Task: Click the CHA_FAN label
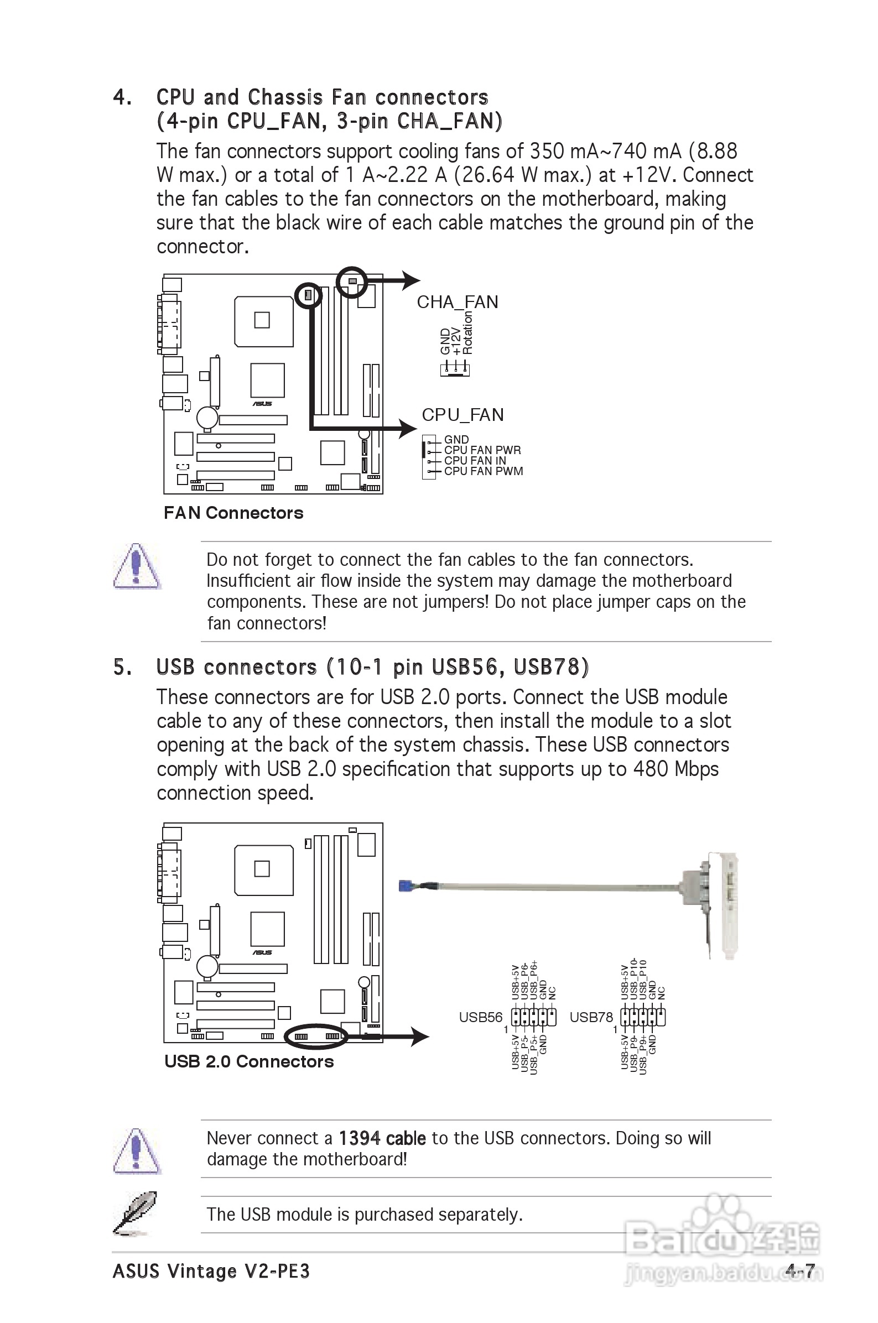(457, 302)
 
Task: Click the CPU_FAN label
(463, 415)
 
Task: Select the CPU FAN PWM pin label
(483, 471)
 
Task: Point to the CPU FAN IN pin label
(475, 461)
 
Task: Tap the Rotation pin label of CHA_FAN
(468, 333)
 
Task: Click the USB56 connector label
(480, 1017)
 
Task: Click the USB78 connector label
(591, 1017)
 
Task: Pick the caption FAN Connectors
(233, 513)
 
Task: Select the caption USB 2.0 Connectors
(248, 1061)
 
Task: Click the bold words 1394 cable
(382, 1138)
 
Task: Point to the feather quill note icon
(134, 1213)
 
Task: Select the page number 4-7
(799, 1271)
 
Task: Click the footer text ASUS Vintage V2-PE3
(211, 1272)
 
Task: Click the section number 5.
(122, 667)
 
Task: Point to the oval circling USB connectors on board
(316, 1036)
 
